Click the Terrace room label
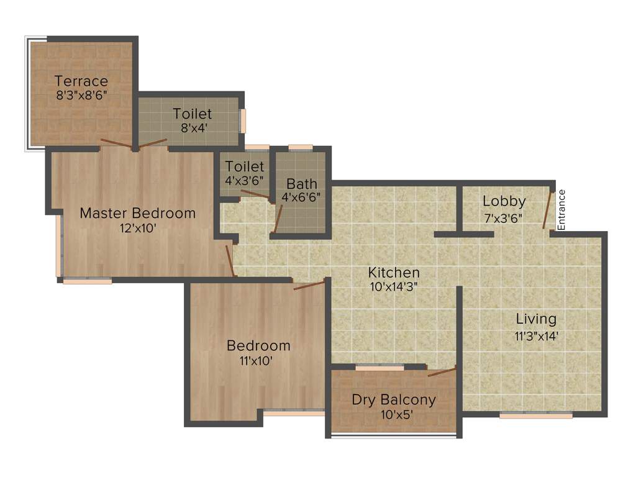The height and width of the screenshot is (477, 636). click(81, 81)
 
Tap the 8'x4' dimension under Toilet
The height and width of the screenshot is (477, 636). click(192, 127)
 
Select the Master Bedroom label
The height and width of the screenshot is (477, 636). click(138, 213)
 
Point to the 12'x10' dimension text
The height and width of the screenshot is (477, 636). click(138, 228)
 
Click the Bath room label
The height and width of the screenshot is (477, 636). click(302, 184)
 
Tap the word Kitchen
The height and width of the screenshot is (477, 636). click(394, 272)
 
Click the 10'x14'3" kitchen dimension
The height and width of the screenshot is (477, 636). click(394, 287)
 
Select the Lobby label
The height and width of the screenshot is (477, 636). click(504, 201)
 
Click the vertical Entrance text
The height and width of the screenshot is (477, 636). click(561, 210)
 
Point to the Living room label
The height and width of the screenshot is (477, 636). click(537, 319)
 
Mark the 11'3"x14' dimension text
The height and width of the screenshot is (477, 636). click(537, 335)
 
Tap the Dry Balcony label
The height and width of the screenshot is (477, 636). click(394, 399)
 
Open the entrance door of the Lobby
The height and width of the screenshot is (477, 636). click(548, 209)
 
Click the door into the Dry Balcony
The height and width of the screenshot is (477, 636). click(442, 371)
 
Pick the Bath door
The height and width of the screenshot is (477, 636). click(278, 218)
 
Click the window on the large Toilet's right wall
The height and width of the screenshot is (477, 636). click(243, 121)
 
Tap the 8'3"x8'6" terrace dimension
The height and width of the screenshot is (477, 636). click(81, 96)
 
